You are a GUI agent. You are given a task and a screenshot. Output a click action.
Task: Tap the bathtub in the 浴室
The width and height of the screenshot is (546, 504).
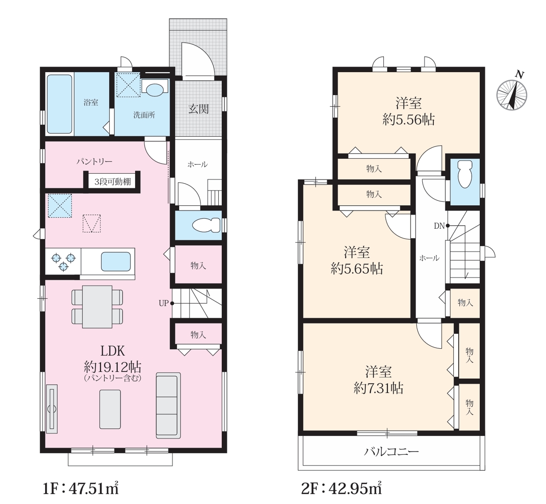coord(59,104)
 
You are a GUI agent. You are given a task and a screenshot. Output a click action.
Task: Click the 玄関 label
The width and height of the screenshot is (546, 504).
coord(198,109)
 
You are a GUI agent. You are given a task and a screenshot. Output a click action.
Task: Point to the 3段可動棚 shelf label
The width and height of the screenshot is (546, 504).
coord(113,182)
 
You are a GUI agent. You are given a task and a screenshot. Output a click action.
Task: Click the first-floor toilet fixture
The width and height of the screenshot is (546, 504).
coord(206,225)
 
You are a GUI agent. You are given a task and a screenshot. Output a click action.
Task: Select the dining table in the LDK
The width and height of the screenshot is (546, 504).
coord(97,307)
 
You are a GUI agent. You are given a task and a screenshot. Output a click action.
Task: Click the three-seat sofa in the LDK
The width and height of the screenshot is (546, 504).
coord(168,405)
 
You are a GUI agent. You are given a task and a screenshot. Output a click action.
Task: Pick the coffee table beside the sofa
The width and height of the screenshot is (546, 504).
coord(110,409)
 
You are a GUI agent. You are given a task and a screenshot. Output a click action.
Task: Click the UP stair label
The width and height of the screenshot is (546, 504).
coord(163,303)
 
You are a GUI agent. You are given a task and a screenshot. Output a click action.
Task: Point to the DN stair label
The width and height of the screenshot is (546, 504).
coord(439,226)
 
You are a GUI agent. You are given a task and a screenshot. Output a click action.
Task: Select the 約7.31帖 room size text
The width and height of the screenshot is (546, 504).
coord(378,388)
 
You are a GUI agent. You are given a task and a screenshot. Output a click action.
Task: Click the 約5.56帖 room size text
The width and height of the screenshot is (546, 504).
coord(409,119)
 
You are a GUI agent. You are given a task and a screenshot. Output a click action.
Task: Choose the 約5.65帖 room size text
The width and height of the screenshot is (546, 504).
coord(357,268)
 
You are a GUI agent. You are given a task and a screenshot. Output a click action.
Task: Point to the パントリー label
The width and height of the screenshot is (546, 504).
coord(94,161)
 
